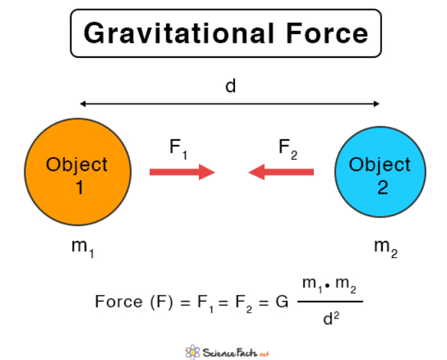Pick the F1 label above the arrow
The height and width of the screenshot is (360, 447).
(179, 148)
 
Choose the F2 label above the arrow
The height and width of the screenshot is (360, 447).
(287, 148)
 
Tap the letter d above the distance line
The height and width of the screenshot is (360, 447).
(230, 86)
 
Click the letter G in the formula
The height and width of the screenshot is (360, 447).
(282, 302)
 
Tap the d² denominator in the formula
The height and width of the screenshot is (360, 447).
(331, 321)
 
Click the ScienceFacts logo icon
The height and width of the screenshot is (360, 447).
(192, 350)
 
